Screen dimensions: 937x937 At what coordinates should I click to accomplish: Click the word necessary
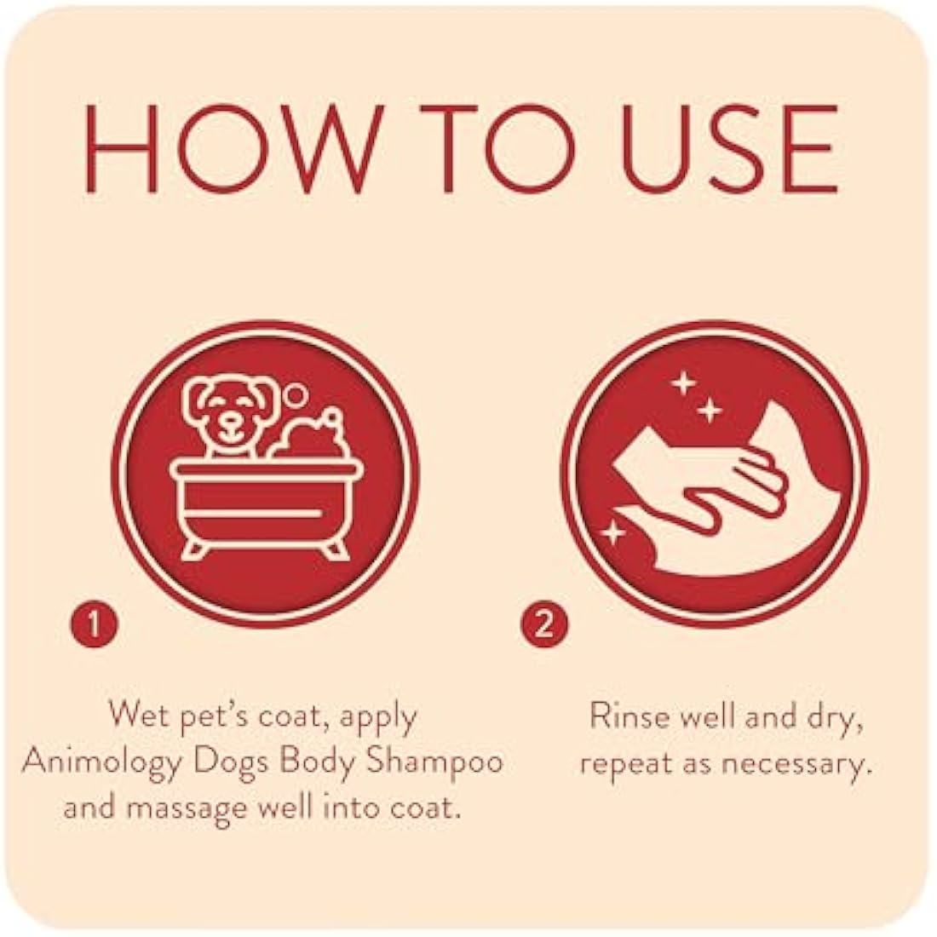click(x=796, y=762)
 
